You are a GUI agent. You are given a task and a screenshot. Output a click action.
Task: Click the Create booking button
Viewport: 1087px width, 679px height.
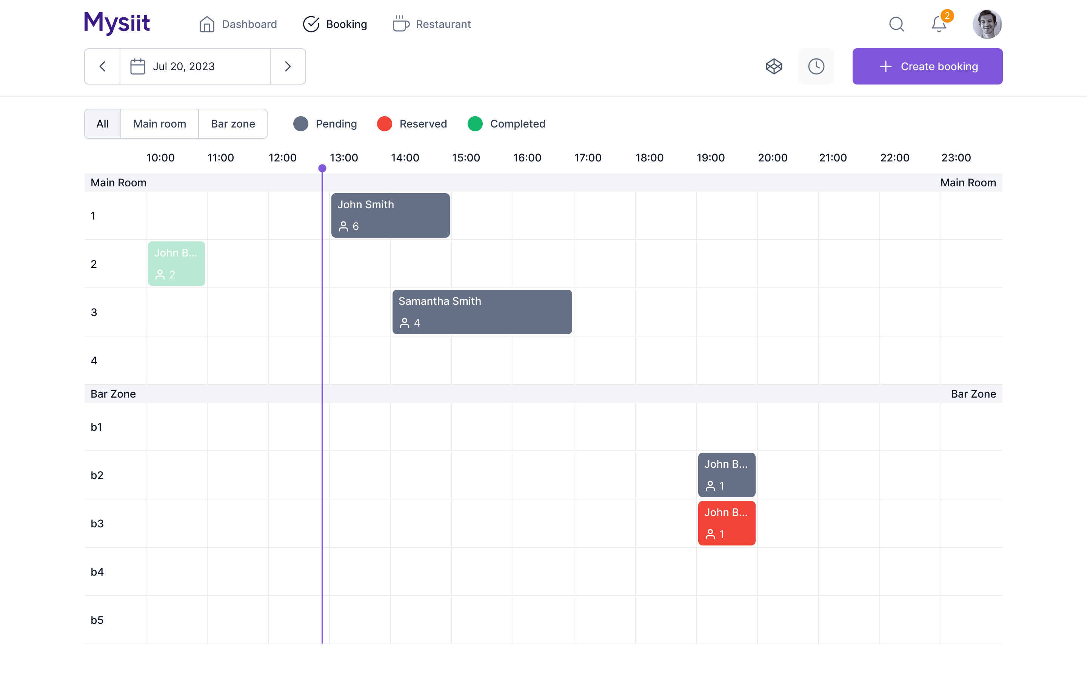[927, 66]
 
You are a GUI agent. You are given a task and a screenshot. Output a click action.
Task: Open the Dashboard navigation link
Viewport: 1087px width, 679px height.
[238, 24]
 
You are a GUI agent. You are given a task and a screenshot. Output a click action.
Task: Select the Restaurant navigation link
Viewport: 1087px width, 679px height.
[432, 24]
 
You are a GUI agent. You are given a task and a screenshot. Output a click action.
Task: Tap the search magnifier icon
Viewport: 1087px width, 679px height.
[896, 24]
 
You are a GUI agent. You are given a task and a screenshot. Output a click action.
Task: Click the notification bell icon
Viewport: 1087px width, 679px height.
[939, 24]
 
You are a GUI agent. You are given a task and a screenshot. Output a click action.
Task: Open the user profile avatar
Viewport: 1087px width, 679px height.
[987, 24]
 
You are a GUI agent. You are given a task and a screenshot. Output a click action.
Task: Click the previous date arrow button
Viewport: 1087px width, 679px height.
[102, 66]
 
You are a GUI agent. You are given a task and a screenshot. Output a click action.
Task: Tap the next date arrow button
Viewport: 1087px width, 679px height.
[288, 66]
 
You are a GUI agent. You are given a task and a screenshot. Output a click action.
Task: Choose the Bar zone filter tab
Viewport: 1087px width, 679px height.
[232, 124]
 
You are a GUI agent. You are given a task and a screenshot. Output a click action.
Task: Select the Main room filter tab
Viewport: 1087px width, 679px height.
[159, 124]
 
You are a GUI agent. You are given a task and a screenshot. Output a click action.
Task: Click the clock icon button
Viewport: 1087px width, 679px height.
[816, 66]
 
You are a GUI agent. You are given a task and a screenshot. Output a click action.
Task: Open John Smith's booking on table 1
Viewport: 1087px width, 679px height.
[390, 215]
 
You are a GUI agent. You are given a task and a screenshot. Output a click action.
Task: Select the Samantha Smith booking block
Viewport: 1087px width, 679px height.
[482, 312]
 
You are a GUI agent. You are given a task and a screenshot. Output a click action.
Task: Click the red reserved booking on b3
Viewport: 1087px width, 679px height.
[726, 523]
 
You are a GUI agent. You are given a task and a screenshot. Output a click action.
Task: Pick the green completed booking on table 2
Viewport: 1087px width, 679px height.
[177, 264]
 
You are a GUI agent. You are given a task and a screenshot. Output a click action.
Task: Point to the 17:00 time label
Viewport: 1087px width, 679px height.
[588, 158]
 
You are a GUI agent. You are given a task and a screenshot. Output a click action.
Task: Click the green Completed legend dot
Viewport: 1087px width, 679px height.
[475, 124]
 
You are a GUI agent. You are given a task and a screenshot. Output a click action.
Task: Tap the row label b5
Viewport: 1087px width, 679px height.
[97, 620]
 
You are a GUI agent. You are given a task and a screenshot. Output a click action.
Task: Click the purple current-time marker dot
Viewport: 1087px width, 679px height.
[322, 168]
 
